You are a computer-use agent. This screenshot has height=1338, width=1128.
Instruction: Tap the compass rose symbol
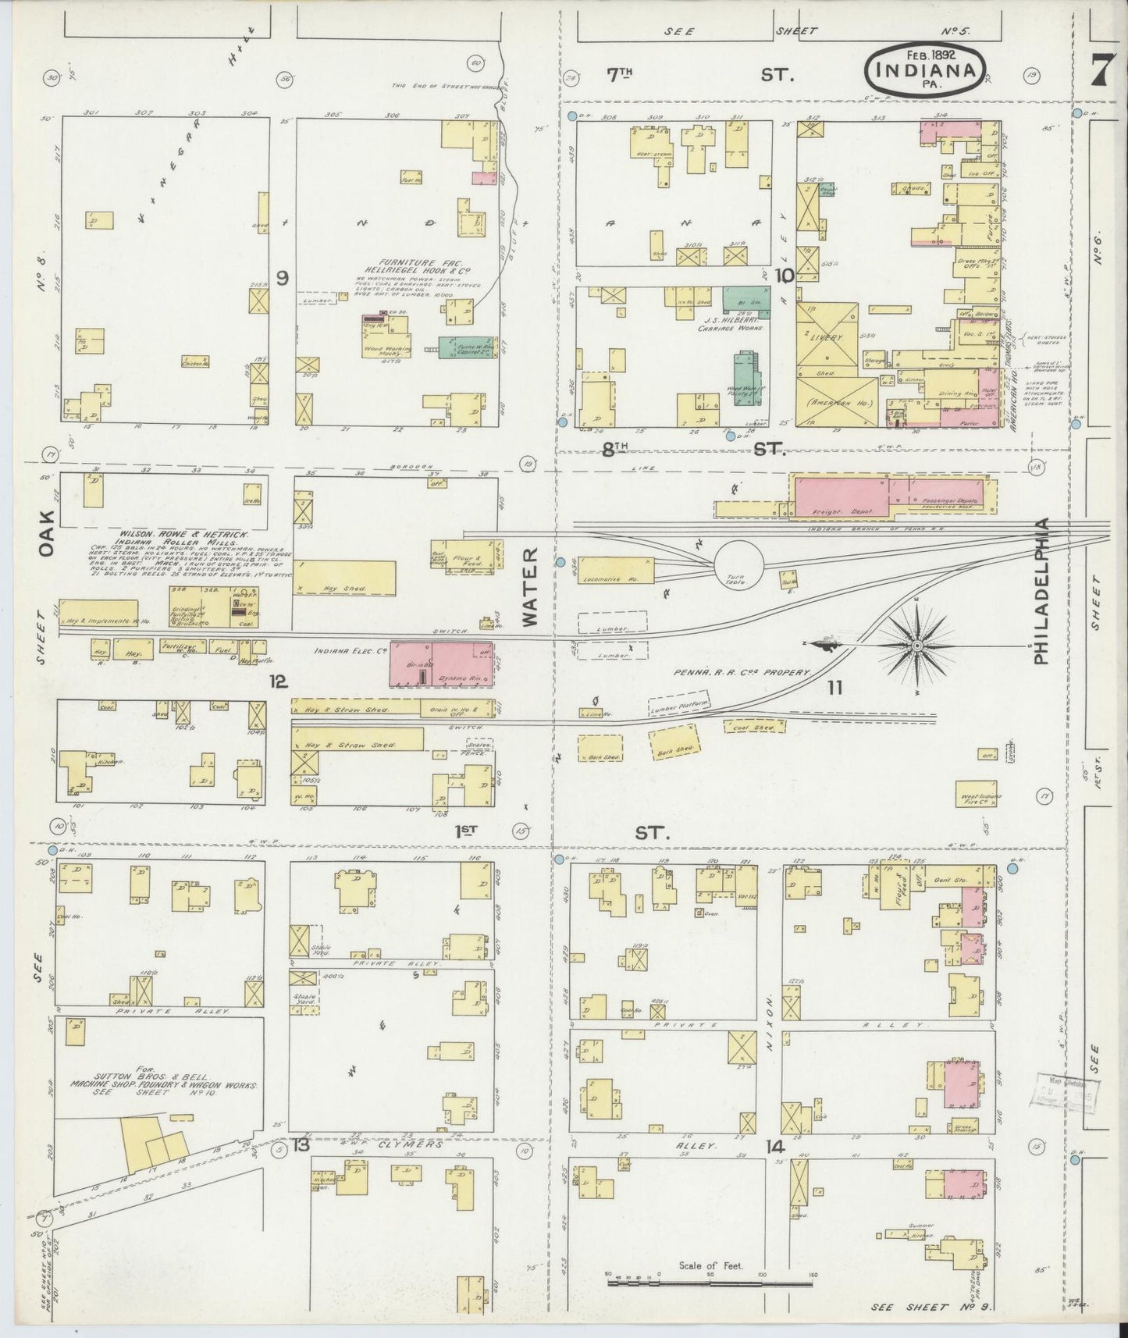[x=917, y=646]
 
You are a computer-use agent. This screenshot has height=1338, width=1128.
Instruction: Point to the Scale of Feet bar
[x=710, y=1278]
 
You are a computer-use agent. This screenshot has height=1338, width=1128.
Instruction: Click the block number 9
[x=282, y=276]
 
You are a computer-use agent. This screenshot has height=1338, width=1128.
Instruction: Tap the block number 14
[x=774, y=1148]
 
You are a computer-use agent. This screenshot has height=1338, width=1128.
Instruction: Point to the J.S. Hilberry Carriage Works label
[x=728, y=323]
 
